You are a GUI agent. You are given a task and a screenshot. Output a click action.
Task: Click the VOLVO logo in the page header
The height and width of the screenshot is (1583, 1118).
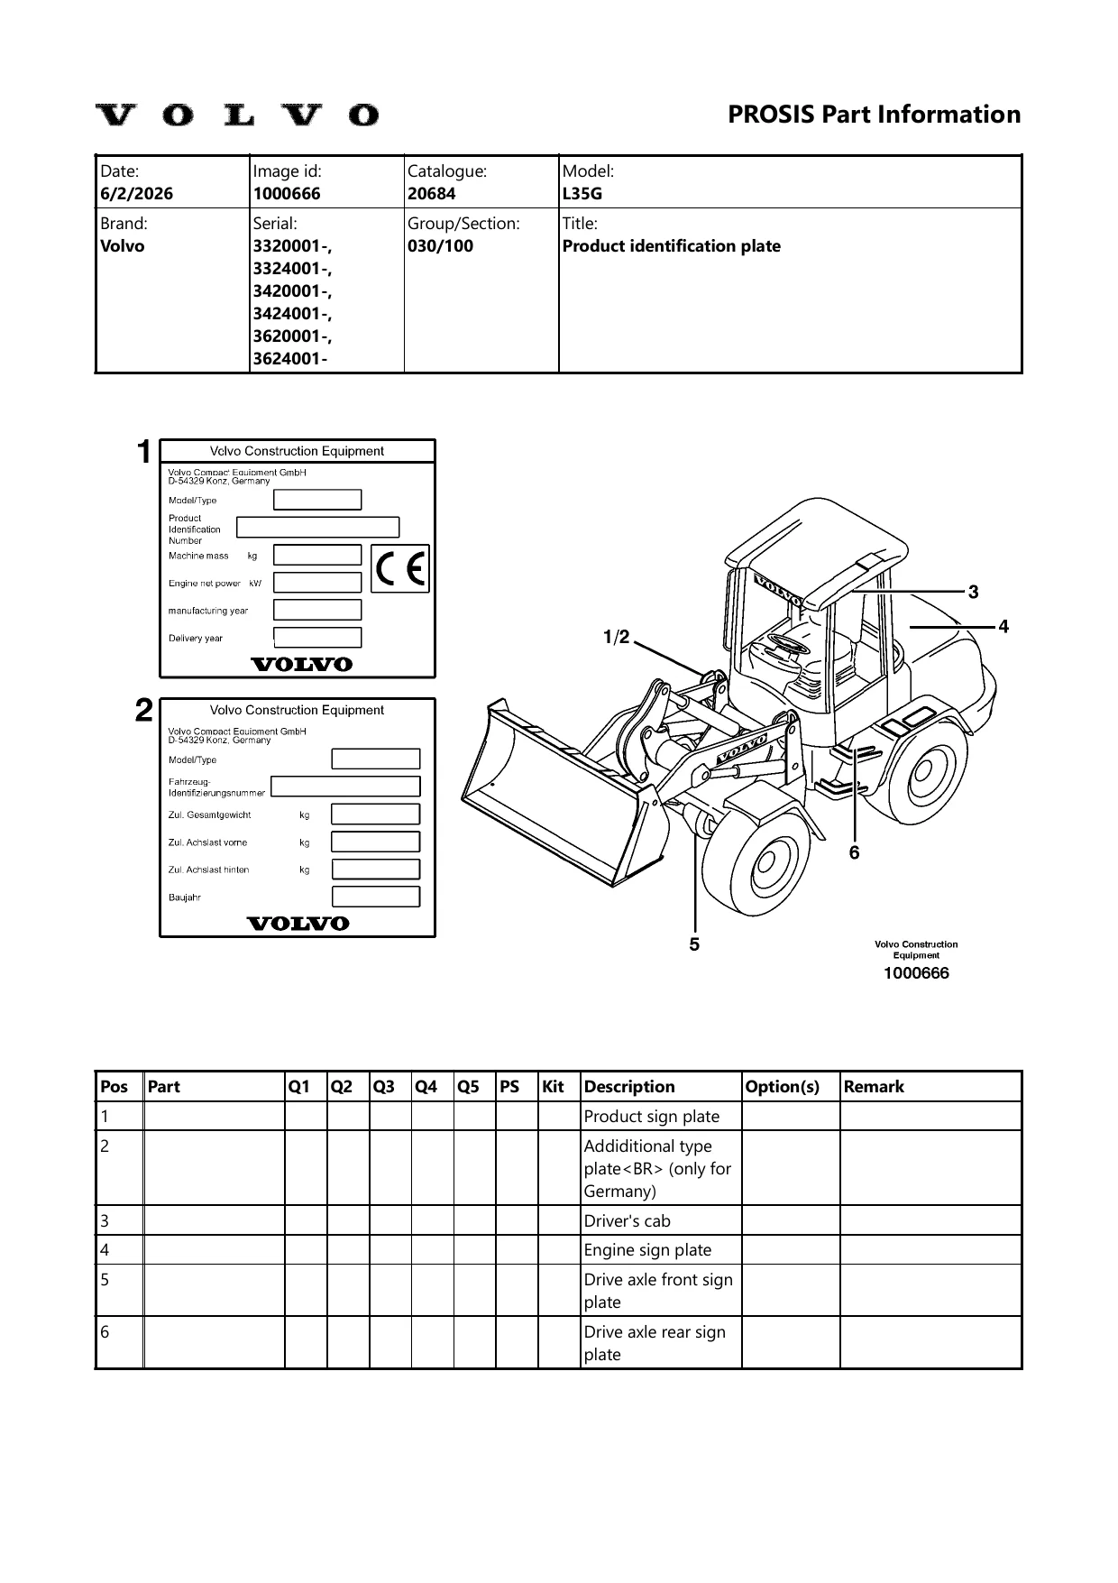237,115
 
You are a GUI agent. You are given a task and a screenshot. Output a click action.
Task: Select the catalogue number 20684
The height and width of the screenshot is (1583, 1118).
432,193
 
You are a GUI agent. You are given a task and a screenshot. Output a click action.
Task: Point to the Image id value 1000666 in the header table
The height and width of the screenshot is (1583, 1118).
287,193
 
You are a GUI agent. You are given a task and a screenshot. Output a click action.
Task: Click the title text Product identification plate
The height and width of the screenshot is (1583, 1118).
672,246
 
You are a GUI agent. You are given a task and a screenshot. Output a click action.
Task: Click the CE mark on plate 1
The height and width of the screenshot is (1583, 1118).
401,568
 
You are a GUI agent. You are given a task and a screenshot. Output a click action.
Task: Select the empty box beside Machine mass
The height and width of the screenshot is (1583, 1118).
317,555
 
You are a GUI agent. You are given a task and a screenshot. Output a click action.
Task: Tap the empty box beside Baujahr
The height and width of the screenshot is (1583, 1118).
376,897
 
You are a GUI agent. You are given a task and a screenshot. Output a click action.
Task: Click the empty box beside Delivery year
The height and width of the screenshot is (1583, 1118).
317,638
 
